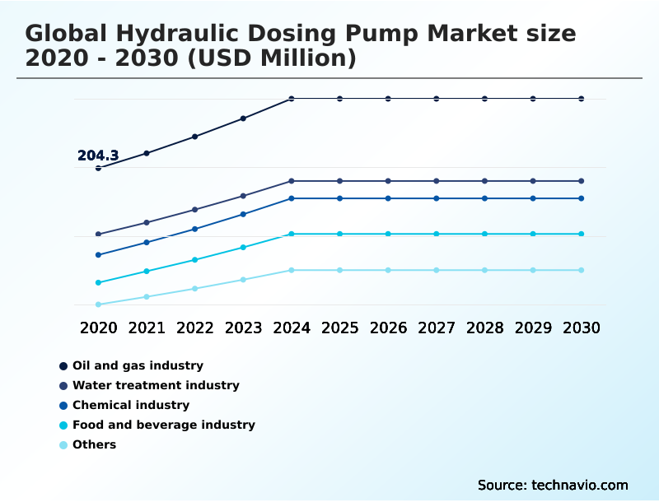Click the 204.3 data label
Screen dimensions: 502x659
98,156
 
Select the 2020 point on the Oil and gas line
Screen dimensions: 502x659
98,168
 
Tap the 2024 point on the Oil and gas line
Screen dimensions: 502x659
292,99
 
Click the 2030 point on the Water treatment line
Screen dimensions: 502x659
582,181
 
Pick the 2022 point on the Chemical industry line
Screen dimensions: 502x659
195,229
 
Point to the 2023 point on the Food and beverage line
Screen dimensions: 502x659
243,247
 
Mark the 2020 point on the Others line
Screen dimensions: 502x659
98,304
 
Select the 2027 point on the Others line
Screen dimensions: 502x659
437,270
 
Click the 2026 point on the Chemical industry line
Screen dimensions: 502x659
388,198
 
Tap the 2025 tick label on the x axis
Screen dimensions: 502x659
339,328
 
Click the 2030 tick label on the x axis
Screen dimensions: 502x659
582,328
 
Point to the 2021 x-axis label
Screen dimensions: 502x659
147,328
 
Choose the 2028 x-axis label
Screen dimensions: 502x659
484,328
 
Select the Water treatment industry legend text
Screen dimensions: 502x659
156,385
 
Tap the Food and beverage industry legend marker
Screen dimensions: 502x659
63,425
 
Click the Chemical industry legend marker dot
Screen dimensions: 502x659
63,406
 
